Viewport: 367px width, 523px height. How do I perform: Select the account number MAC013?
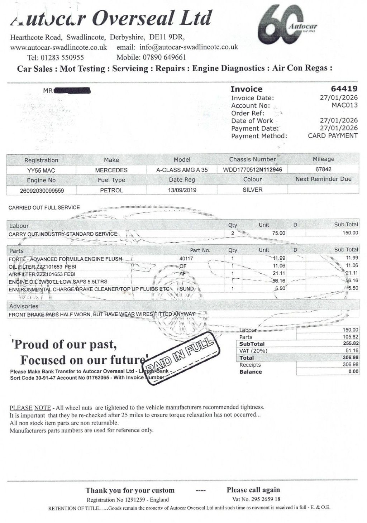[344, 106]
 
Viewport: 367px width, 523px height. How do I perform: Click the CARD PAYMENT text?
[333, 136]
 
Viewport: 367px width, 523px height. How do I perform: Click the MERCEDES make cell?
[111, 170]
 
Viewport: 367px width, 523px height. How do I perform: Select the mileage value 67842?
[323, 169]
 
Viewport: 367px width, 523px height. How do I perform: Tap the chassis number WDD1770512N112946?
[252, 169]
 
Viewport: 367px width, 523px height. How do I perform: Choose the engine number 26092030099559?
[42, 191]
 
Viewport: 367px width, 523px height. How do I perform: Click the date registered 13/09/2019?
[182, 190]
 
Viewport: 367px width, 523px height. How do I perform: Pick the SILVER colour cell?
[252, 190]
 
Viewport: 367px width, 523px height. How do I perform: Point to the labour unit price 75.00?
[278, 233]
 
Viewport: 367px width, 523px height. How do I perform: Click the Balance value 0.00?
[353, 371]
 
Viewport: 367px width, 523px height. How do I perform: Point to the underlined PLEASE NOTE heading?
[30, 408]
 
